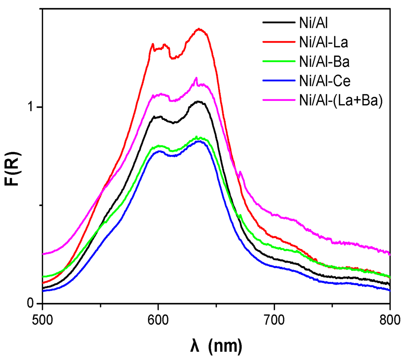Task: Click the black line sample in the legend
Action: pyautogui.click(x=279, y=22)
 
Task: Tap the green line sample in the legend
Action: pyautogui.click(x=279, y=62)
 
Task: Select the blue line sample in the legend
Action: pyautogui.click(x=279, y=81)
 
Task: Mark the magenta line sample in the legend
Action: pyautogui.click(x=279, y=101)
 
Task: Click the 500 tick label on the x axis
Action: pyautogui.click(x=42, y=319)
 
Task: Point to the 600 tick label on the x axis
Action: pyautogui.click(x=158, y=319)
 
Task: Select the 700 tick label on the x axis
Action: pyautogui.click(x=274, y=319)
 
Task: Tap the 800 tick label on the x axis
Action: pyautogui.click(x=389, y=319)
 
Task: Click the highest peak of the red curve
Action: pyautogui.click(x=199, y=29)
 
